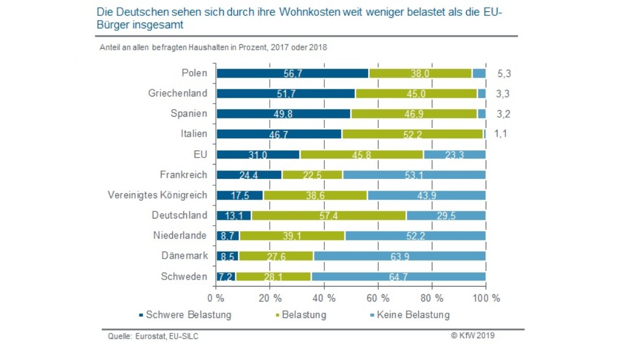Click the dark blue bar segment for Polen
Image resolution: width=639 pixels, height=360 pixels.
pos(292,73)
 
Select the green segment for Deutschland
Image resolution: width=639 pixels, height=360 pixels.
pos(329,215)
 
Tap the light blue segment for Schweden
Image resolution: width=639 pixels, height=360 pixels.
pos(398,277)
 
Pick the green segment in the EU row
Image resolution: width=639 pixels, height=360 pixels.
pos(362,155)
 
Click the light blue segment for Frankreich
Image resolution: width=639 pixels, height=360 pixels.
pos(414,175)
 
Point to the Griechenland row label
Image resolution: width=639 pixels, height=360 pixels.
pos(177,94)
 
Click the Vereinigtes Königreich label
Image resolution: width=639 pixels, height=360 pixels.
pos(157,195)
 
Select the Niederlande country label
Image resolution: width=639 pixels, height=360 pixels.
pos(180,236)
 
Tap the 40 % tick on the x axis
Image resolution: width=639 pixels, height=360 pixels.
pos(324,297)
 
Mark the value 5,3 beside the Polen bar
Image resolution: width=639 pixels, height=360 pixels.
pos(505,74)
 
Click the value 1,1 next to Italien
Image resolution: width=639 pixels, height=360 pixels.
pos(500,134)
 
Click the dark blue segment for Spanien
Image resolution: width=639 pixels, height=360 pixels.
pos(283,114)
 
